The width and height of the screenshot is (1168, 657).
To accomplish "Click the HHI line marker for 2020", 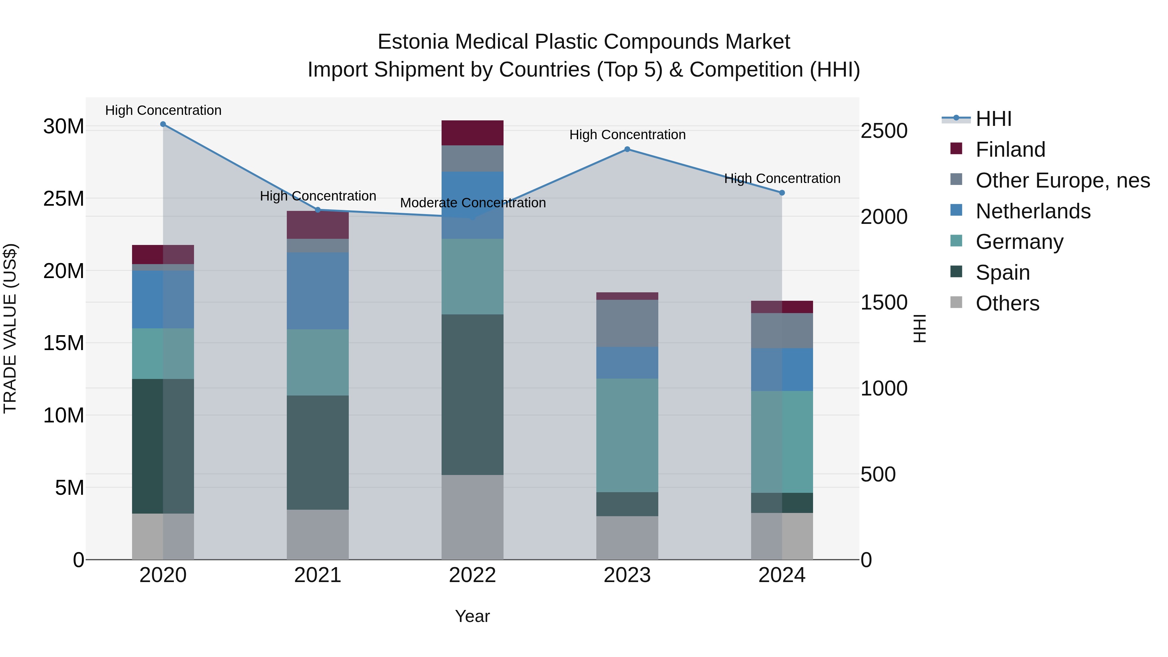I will point(163,124).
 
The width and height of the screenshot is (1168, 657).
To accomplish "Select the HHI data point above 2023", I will point(627,149).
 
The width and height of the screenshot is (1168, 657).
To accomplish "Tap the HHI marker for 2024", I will point(782,193).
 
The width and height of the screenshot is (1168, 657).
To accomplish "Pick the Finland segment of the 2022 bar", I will point(472,133).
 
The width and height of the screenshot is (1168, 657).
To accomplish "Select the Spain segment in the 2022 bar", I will point(472,395).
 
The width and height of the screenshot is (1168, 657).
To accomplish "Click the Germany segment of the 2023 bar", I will point(627,435).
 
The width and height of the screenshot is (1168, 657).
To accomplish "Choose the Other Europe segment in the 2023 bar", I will point(627,323).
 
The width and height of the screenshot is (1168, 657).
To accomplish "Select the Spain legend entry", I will point(1002,273).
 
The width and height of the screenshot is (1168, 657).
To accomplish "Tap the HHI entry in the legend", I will point(993,119).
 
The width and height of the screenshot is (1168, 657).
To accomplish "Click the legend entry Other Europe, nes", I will point(1062,180).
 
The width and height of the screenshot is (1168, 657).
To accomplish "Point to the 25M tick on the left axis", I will point(64,199).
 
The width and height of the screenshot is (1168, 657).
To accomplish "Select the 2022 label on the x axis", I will point(472,575).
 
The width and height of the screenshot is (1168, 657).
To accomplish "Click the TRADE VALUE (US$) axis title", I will point(10,328).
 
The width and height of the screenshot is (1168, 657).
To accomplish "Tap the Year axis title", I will point(472,616).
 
